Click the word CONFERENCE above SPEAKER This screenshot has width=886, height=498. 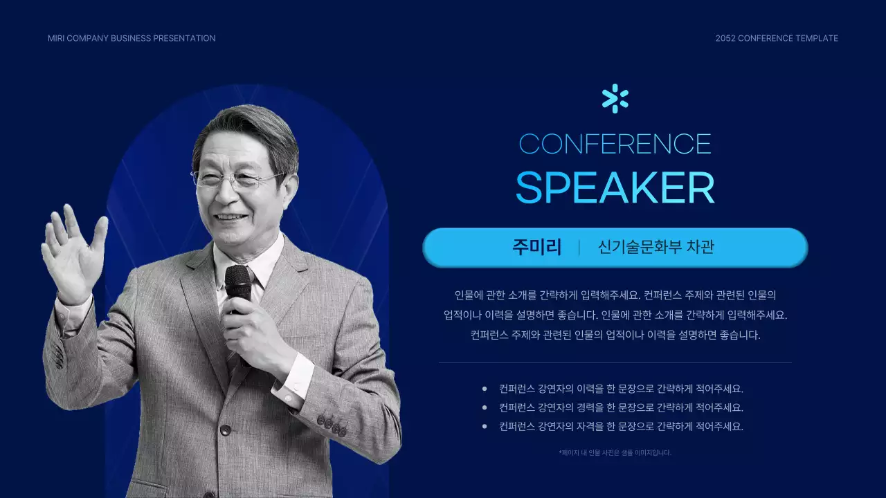615,144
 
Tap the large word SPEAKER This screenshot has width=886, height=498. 615,187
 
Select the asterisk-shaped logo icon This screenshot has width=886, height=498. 615,98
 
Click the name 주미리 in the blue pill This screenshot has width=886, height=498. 536,248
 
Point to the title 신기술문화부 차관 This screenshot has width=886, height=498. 656,248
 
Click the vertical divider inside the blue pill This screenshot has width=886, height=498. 579,248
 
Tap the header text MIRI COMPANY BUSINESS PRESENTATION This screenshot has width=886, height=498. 132,38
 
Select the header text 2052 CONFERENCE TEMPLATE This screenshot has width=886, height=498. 777,38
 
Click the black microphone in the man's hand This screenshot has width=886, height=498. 237,284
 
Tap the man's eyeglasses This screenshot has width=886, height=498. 235,180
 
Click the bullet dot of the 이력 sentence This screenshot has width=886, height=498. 485,389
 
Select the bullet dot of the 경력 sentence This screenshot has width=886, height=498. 485,408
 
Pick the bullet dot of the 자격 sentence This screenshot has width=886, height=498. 485,427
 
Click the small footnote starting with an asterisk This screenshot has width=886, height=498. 615,453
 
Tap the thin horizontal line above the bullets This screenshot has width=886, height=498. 615,362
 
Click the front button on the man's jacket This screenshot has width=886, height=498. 225,430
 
